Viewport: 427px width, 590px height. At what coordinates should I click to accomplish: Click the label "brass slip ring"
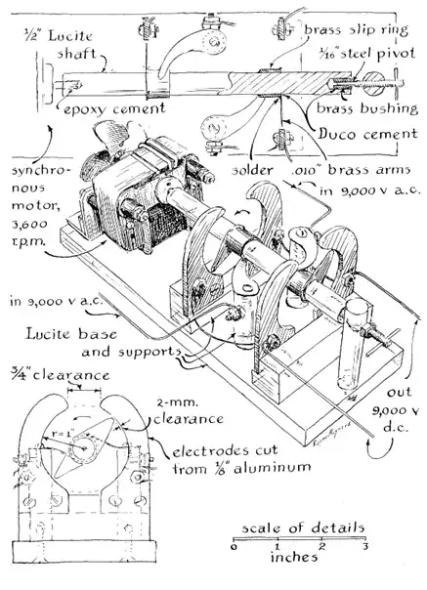pyautogui.click(x=356, y=29)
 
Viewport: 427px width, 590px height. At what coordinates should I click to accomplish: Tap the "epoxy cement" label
pyautogui.click(x=114, y=109)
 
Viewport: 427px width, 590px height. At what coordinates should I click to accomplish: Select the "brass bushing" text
pyautogui.click(x=367, y=108)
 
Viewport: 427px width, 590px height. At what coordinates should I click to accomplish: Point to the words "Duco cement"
pyautogui.click(x=367, y=134)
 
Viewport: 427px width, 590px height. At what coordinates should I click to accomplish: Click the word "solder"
pyautogui.click(x=252, y=170)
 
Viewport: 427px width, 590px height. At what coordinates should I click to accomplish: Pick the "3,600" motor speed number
pyautogui.click(x=29, y=224)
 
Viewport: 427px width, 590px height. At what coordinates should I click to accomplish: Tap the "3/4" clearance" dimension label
pyautogui.click(x=61, y=375)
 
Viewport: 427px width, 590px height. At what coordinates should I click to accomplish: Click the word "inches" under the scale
pyautogui.click(x=294, y=557)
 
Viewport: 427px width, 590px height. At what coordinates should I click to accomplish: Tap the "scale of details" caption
pyautogui.click(x=303, y=527)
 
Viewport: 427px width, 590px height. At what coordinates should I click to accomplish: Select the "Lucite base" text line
pyautogui.click(x=71, y=334)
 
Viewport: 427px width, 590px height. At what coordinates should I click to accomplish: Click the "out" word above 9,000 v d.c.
pyautogui.click(x=400, y=393)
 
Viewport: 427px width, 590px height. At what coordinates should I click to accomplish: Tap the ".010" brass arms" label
pyautogui.click(x=350, y=170)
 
